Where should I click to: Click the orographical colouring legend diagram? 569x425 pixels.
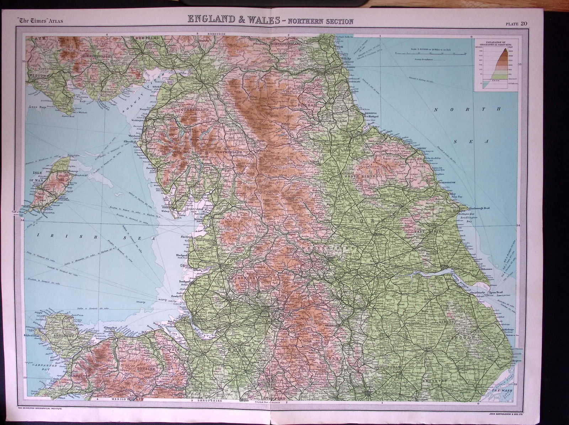point(495,68)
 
